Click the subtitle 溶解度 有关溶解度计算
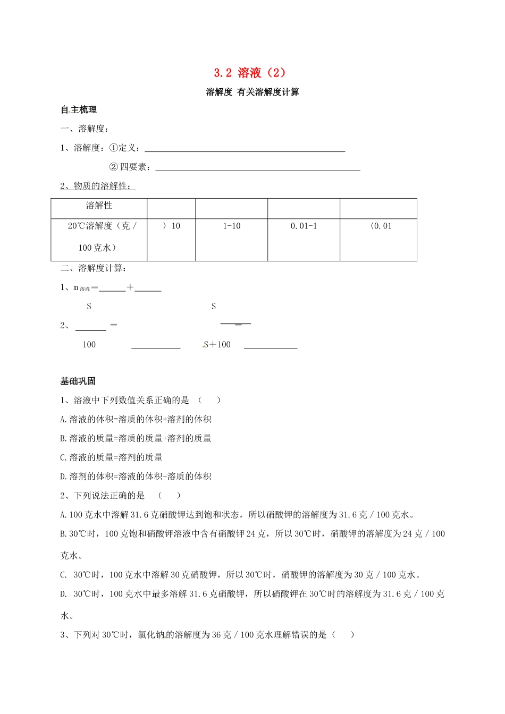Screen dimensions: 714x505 click(252, 92)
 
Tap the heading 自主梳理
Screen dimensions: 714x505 click(79, 110)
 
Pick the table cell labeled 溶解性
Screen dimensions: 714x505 click(99, 206)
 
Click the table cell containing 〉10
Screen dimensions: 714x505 click(171, 226)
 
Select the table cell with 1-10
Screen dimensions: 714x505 click(231, 226)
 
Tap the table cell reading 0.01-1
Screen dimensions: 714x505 click(304, 226)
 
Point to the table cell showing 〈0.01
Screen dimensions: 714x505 click(378, 226)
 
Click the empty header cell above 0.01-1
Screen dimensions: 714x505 click(304, 208)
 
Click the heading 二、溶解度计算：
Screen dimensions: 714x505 click(94, 268)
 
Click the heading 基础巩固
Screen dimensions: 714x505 click(78, 381)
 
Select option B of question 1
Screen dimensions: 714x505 click(136, 438)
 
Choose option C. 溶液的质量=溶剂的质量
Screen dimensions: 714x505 click(112, 457)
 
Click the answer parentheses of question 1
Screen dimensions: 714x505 click(209, 400)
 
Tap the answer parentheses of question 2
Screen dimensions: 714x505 click(169, 496)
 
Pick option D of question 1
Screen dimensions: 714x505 click(136, 477)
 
